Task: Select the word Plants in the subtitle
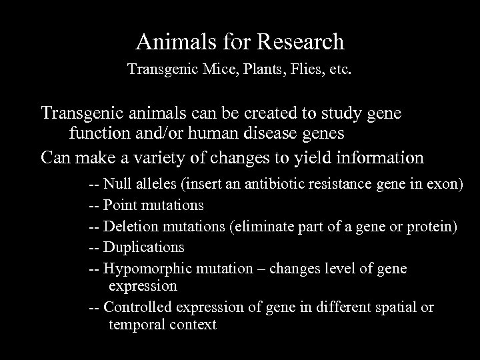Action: (x=256, y=69)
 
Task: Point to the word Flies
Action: (x=300, y=69)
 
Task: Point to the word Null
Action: (x=118, y=184)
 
